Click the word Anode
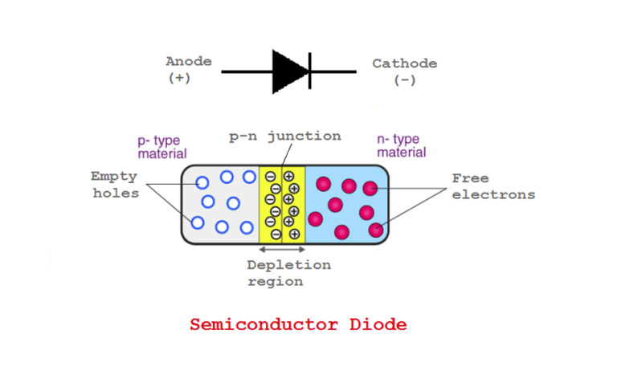pos(189,61)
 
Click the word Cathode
pos(404,63)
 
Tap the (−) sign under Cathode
pos(404,80)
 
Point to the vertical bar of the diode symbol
pos(309,71)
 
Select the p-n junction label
pos(284,136)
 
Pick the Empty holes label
pos(113,184)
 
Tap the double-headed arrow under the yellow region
pos(282,250)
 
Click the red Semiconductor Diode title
pos(298,325)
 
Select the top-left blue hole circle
pos(202,183)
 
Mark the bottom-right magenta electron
pos(375,230)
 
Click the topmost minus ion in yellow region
pos(271,176)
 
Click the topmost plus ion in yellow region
pos(288,176)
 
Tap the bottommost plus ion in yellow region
pos(294,234)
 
